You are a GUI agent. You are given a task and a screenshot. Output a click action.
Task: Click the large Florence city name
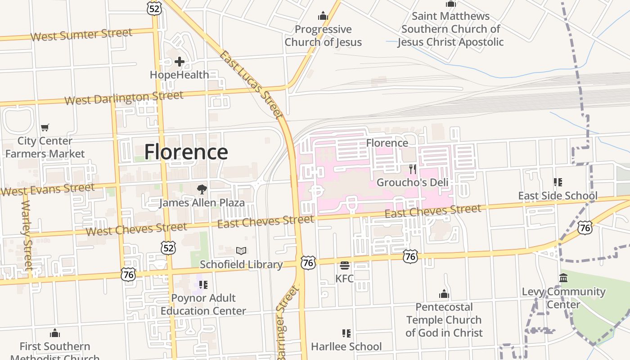[186, 152]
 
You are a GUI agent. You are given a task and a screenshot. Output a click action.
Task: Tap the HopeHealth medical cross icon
[180, 62]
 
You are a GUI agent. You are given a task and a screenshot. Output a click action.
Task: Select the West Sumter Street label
[81, 35]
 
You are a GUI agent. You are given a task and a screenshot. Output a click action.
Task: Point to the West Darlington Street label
[124, 98]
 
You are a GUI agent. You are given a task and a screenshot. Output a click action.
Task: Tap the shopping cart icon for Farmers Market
[45, 128]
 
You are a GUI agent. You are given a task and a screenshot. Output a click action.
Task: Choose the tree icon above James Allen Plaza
[202, 189]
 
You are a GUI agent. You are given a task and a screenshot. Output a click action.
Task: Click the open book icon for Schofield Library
[241, 251]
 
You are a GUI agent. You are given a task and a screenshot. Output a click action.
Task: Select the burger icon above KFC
[345, 265]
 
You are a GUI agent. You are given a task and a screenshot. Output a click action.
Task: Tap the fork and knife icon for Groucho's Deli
[412, 169]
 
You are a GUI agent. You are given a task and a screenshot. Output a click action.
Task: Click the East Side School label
[558, 196]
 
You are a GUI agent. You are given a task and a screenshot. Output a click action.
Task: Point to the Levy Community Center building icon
[563, 278]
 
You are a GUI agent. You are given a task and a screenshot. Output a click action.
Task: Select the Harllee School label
[346, 346]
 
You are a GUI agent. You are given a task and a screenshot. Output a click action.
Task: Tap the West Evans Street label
[47, 189]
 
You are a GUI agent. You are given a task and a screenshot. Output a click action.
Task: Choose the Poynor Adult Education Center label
[203, 304]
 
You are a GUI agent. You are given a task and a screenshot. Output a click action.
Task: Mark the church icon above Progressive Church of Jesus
[323, 16]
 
